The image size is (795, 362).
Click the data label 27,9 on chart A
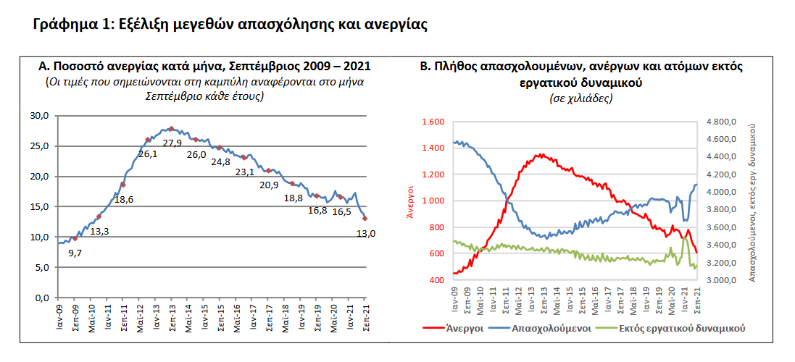coord(172,143)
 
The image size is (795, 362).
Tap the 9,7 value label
coord(75,253)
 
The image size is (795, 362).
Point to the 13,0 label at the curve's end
coord(367,233)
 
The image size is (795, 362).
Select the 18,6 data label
coord(125,199)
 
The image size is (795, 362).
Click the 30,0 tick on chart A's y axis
coord(40,116)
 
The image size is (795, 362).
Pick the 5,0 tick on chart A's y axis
coord(42,267)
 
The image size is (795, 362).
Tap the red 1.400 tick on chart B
coord(433,148)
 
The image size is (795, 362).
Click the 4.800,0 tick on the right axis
coord(723,122)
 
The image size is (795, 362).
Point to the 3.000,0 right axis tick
coord(723,280)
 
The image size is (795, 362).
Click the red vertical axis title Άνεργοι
coord(409,201)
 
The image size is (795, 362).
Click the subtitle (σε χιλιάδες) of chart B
coord(582,98)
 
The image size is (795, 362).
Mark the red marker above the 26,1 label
coord(148,140)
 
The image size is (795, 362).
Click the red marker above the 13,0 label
coord(365,218)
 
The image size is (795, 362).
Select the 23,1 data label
coord(246,172)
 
